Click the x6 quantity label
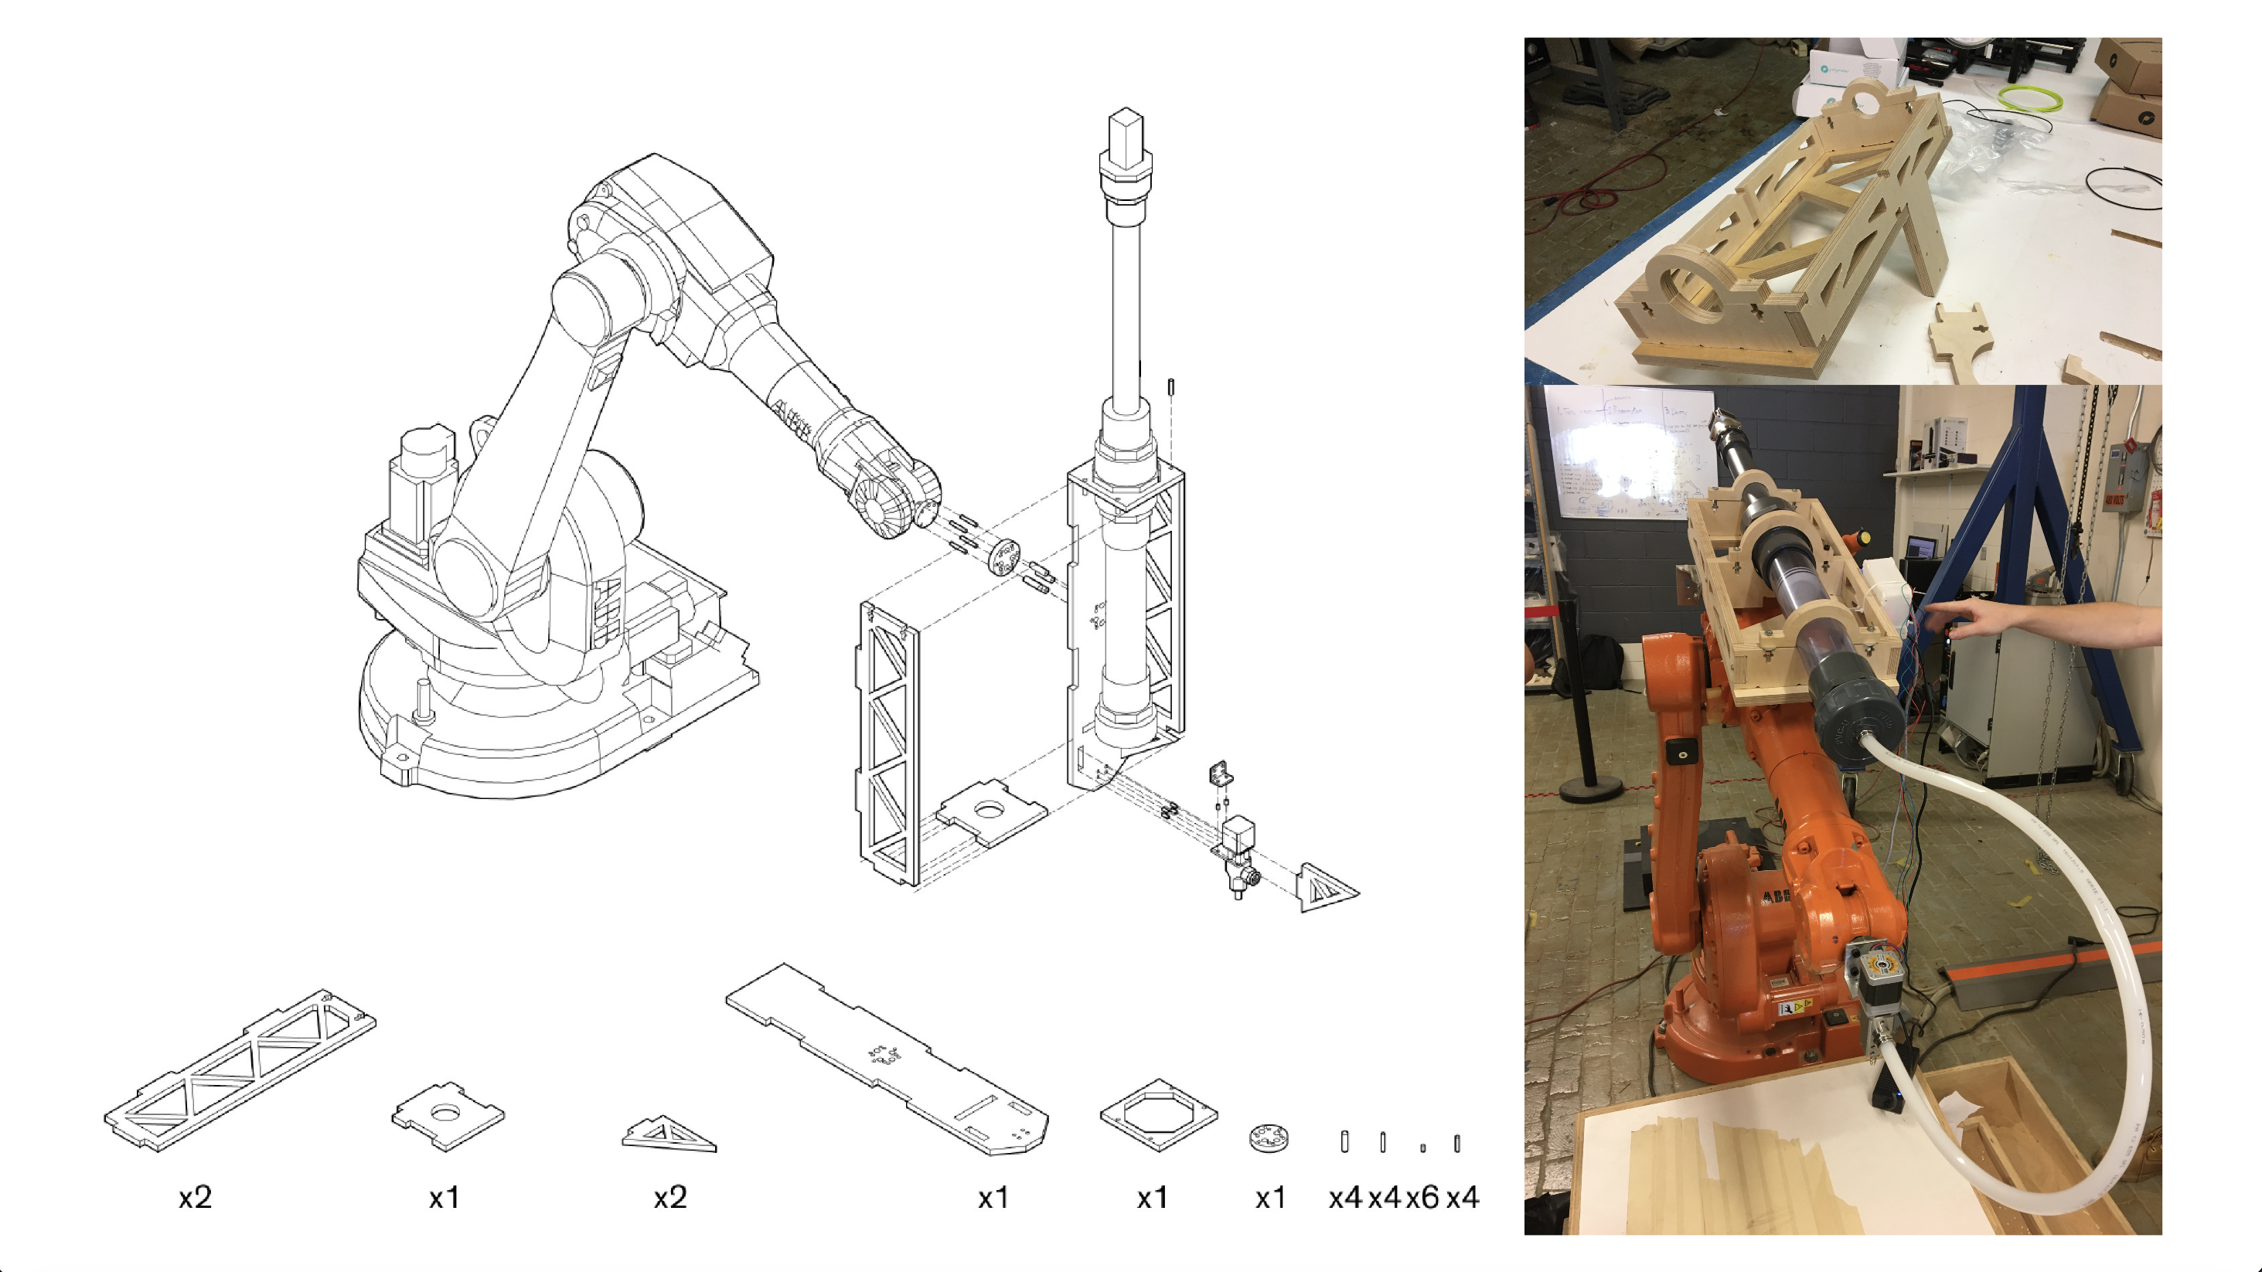[1422, 1197]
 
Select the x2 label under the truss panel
[195, 1197]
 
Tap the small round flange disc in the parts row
[1269, 1138]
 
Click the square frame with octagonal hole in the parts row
[1158, 1115]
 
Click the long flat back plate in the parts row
[887, 1058]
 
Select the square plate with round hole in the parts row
[448, 1116]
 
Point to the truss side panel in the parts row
[239, 1071]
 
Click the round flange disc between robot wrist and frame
[1003, 556]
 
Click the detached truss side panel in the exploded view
[887, 742]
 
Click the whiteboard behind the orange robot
[1624, 457]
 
